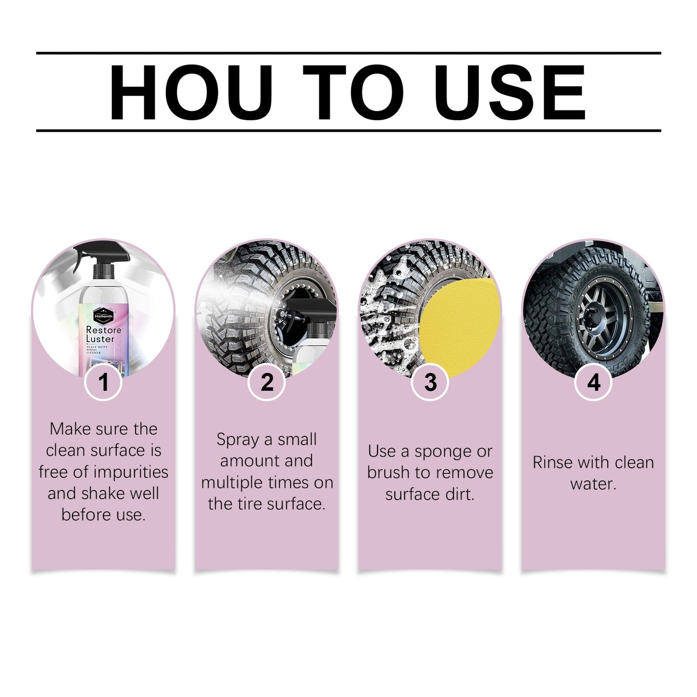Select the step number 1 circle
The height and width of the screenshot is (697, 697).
click(x=103, y=382)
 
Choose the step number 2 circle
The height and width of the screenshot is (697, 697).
click(x=267, y=382)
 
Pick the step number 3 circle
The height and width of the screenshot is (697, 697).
click(x=430, y=382)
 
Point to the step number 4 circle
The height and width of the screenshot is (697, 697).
click(x=593, y=382)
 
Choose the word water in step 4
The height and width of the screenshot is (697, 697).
click(x=593, y=484)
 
